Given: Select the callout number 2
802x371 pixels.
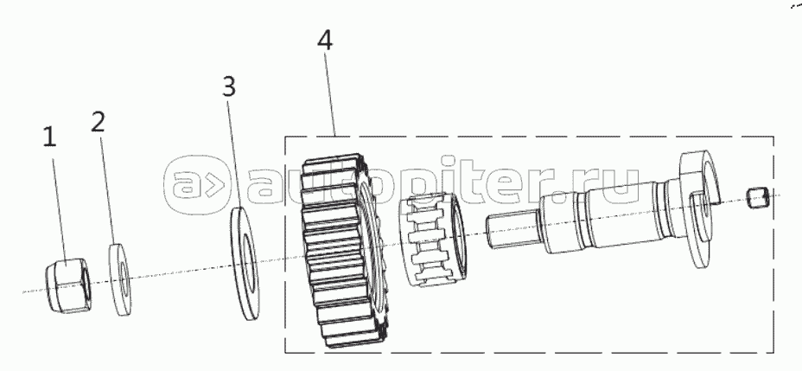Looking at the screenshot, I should point(99,120).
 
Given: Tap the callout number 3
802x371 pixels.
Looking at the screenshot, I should point(227,86).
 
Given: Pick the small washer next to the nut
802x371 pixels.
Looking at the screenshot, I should point(119,280).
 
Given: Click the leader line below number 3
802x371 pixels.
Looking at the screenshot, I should point(234,156).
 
